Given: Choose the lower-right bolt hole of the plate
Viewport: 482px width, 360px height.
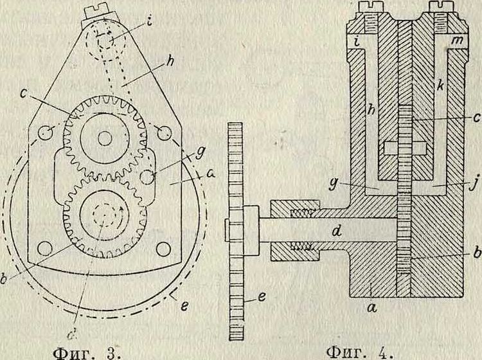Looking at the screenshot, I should tap(163, 248).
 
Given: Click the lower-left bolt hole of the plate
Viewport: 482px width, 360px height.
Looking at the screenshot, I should tap(44, 248).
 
